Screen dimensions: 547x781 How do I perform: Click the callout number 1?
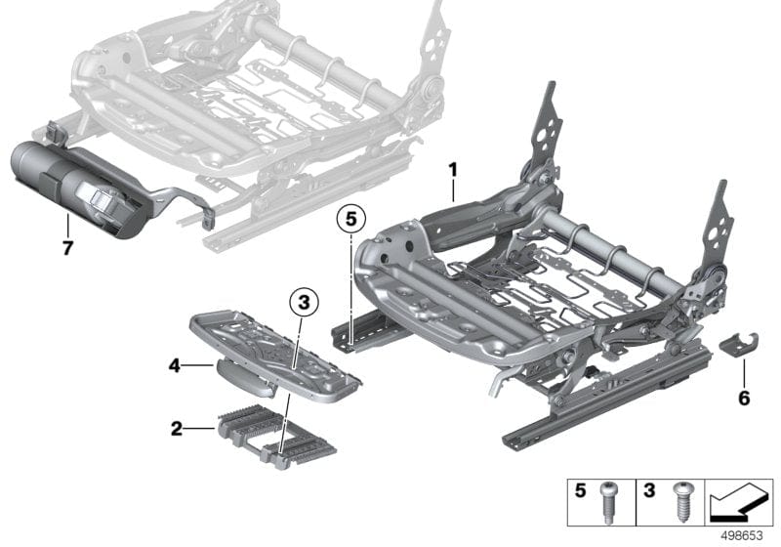pos(452,170)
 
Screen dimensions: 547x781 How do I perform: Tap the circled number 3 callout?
pos(305,304)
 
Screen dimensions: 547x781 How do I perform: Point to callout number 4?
pos(174,367)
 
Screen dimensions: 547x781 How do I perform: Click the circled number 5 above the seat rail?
pos(349,220)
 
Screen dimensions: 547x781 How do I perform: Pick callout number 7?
pos(67,248)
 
